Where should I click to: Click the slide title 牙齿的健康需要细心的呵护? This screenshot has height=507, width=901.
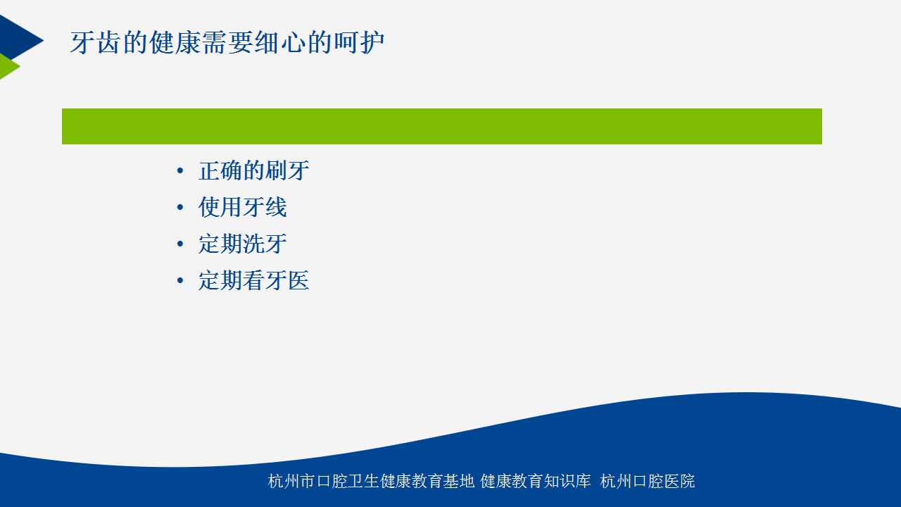point(227,42)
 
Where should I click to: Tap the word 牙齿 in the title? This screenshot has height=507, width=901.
point(95,42)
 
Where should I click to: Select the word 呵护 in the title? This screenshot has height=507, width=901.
point(359,42)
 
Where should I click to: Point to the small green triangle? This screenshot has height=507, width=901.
point(8,66)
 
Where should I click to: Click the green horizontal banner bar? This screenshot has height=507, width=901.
point(441,126)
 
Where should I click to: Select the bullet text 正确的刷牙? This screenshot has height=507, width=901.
point(254,170)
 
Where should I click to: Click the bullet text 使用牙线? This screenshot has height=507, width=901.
point(243,207)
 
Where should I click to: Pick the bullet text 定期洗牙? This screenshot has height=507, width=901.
point(243,244)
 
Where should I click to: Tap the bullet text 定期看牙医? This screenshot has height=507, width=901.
point(254,280)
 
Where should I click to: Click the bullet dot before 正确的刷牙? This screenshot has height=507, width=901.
point(180,171)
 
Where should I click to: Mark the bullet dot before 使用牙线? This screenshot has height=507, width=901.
point(180,208)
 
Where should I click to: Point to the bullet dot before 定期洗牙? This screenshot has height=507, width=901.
point(180,244)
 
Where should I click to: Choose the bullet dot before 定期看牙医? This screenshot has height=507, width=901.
point(180,281)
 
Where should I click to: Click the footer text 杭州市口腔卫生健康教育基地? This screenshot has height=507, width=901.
point(371,481)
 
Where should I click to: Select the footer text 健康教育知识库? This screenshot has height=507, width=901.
point(536,481)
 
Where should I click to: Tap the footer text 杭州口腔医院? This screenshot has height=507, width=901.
point(648,481)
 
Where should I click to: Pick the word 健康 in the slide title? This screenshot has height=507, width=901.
point(175,42)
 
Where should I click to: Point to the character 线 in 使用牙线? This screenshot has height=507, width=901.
point(277,207)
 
